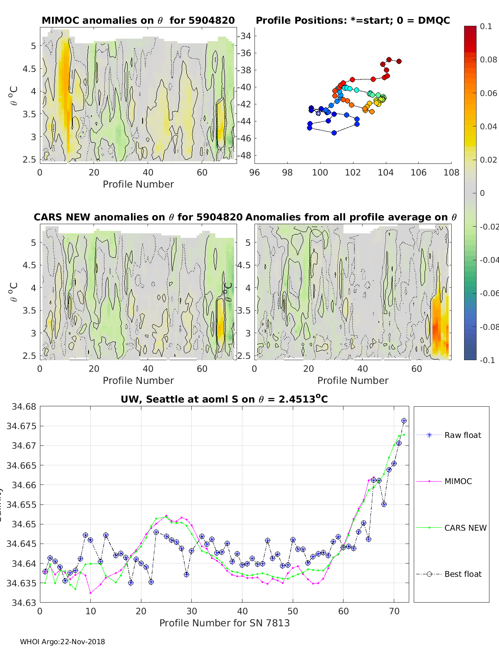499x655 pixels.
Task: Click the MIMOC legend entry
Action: [458, 481]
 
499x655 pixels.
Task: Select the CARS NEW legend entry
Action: [465, 528]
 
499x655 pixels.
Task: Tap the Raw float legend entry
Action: [462, 435]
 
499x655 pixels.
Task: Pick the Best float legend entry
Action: [462, 574]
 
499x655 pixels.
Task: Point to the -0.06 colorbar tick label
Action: [489, 293]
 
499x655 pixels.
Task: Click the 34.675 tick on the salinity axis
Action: [21, 426]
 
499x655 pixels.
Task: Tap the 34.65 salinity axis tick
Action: [23, 524]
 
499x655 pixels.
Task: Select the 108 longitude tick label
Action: [451, 173]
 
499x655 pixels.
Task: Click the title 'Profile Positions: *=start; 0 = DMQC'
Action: [353, 20]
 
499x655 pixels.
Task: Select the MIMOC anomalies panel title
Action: [138, 20]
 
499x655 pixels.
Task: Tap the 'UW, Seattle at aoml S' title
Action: [224, 399]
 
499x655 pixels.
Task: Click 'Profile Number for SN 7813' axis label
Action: [224, 623]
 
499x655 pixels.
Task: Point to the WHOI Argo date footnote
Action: [62, 642]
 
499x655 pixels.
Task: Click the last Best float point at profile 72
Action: [404, 421]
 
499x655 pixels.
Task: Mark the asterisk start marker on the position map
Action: [318, 113]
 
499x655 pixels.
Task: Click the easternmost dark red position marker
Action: [399, 61]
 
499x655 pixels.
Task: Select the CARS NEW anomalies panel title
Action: [138, 217]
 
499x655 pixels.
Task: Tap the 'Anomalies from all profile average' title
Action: [351, 217]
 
